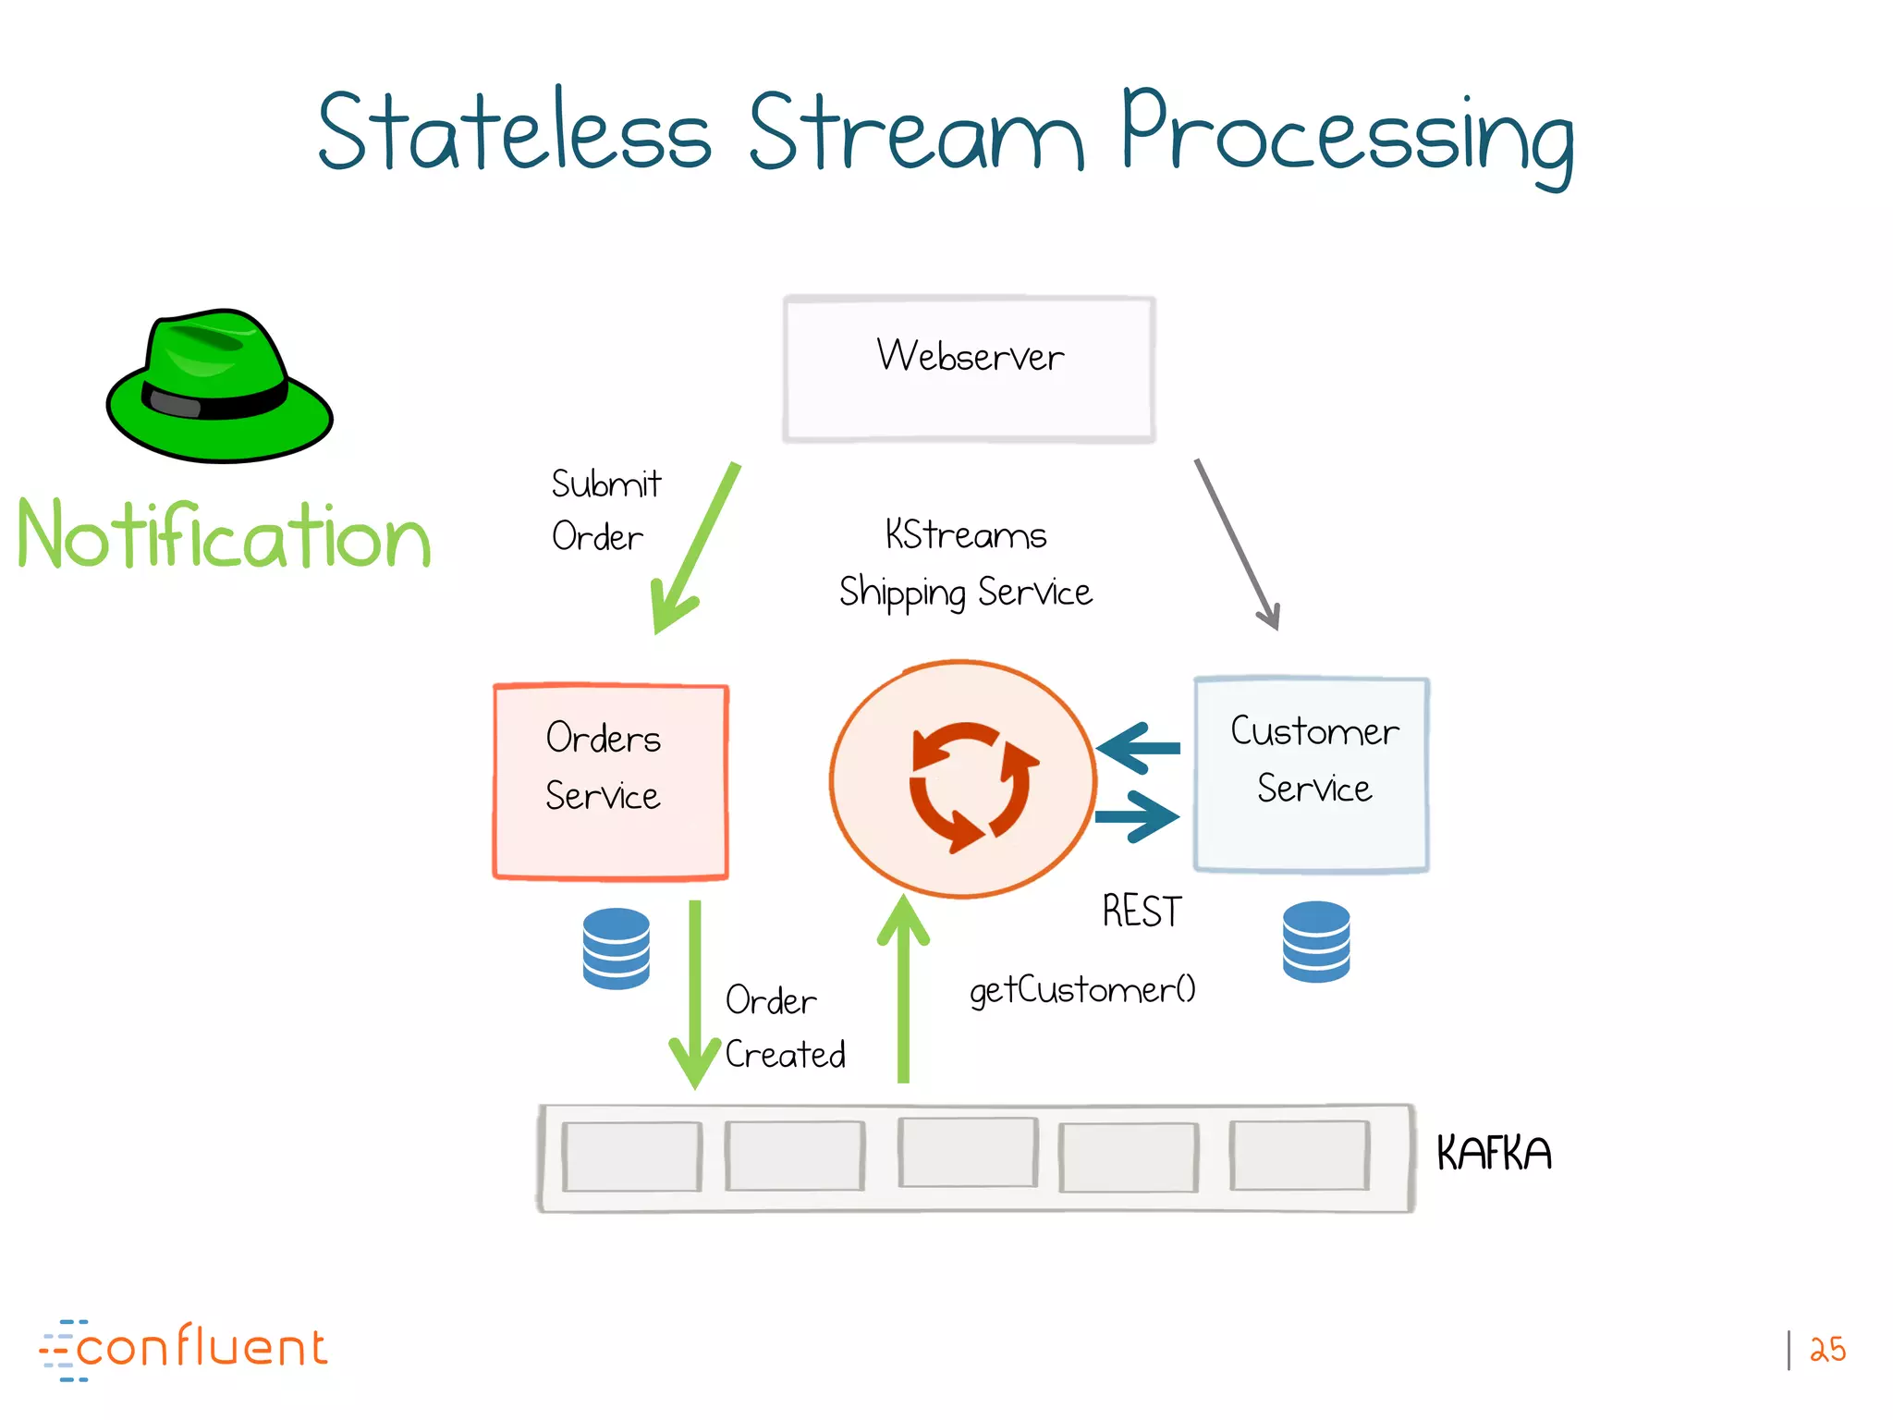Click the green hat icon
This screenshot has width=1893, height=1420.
coord(219,386)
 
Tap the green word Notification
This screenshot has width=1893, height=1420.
coord(225,536)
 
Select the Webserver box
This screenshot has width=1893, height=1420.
coord(969,370)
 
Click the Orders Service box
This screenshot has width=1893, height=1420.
coord(610,781)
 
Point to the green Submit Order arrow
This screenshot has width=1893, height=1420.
coord(695,549)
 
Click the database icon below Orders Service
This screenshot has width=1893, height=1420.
coord(617,949)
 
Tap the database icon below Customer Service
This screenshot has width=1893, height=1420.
coord(1316,941)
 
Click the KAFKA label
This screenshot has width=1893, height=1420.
coord(1493,1154)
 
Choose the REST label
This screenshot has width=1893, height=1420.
coord(1142,912)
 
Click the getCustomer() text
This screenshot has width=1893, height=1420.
coord(1081,990)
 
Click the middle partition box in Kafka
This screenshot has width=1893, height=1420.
coord(968,1153)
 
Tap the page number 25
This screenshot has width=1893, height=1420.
coord(1827,1350)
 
